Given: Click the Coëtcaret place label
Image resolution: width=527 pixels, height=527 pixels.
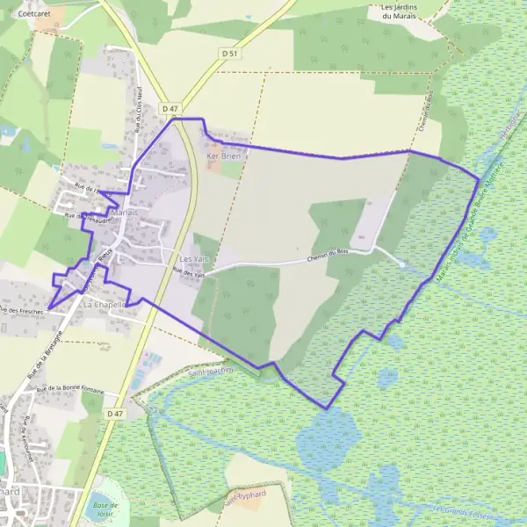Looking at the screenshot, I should pos(34,14).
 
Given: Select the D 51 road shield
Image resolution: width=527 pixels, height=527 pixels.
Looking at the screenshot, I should pos(230,54).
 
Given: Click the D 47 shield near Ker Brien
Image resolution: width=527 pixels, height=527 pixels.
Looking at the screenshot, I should pos(170,108).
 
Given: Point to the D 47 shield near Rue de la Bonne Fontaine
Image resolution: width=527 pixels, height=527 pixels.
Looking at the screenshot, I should pos(114,412).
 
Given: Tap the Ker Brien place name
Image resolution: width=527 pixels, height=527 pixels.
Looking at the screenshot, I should pos(222,155).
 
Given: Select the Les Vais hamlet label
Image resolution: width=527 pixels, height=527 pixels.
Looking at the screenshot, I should pos(192,260).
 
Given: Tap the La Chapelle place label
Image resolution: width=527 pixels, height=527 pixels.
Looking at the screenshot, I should pos(105,304).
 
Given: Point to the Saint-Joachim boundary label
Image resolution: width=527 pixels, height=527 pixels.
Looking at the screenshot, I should pos(211,372).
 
